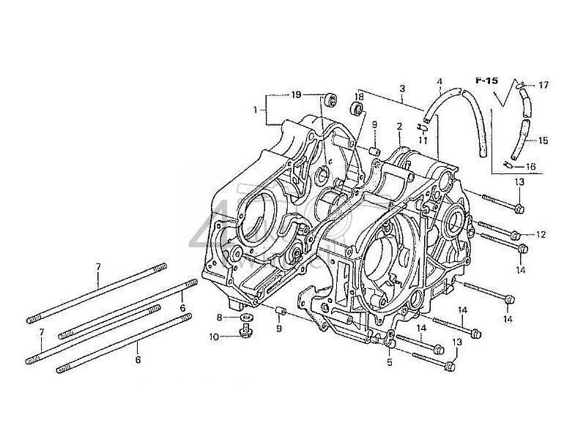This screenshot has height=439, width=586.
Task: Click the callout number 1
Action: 256,110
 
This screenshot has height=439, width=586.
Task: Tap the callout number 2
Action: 399,126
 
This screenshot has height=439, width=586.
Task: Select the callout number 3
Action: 402,89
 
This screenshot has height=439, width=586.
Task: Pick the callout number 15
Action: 543,140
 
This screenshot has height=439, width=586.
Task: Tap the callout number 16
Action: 531,167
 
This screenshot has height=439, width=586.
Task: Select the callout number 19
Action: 297,95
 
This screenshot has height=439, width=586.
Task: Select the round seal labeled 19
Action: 329,97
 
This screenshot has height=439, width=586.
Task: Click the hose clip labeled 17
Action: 519,86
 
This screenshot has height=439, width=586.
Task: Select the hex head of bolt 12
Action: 515,235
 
